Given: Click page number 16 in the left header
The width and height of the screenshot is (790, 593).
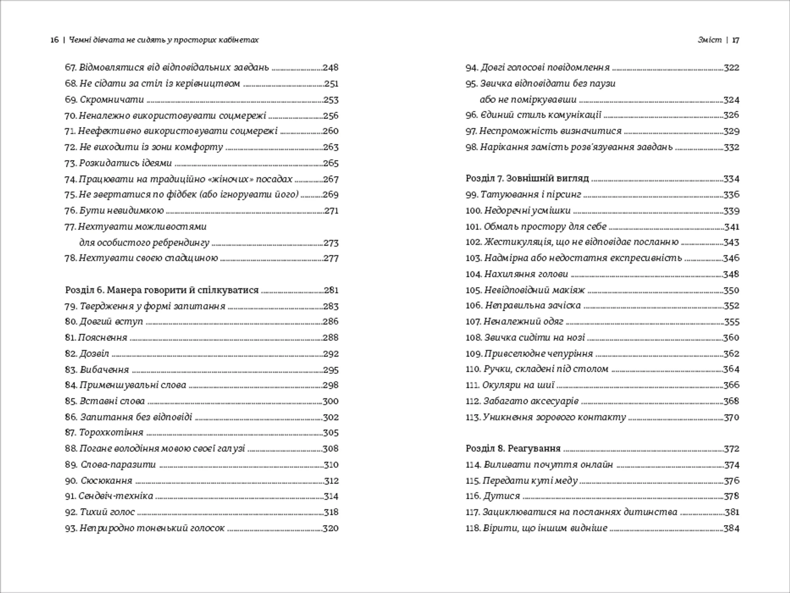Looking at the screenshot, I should pos(54,40).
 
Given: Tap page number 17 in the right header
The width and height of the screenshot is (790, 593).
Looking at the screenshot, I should pos(736,40).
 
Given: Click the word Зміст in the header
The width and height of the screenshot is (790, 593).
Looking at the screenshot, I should pos(710,40).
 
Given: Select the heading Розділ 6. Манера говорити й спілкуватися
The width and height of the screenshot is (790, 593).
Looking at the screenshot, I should pos(162,290).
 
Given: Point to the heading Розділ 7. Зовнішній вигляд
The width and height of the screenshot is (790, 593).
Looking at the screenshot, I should pos(527,179).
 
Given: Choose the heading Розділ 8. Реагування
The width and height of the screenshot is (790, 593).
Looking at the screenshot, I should pos(513,449).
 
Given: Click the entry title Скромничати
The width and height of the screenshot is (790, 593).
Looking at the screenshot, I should pos(112,100).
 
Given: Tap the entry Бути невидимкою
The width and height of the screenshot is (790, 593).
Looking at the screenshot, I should pos(121,211).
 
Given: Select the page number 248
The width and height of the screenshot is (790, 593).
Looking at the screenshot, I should pos(330,67).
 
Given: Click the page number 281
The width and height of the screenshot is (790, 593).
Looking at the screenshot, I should pos(331,290).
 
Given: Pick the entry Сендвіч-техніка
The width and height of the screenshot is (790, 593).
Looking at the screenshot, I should pos(116,496).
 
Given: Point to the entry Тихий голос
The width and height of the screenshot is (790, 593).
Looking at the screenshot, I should pos(107,512).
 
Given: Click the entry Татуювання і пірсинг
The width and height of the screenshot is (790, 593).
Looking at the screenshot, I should pos(531,195).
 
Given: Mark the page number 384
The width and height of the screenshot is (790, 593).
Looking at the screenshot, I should pos(731,528).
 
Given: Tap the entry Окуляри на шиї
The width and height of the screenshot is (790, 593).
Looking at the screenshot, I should pos(518,385).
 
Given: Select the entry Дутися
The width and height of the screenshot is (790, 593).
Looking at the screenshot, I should pos(502,496).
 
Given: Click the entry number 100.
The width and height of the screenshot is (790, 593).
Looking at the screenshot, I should pos(473,211).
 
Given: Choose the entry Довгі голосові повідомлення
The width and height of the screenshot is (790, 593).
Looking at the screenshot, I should pos(545,67).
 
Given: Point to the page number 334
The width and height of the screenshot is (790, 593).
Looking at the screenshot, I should pos(731,179).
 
